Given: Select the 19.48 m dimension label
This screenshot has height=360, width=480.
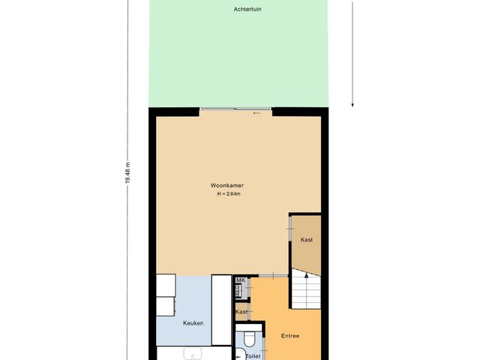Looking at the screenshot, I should [x=127, y=174].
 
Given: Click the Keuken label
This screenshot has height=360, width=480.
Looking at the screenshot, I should [x=193, y=323].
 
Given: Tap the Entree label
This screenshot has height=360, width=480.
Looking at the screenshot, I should [x=289, y=335].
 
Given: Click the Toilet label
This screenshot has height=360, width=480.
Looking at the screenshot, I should [x=254, y=356].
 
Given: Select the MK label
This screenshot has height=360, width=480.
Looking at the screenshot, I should [x=241, y=280].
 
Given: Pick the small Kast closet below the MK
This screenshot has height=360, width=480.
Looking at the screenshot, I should [x=241, y=311].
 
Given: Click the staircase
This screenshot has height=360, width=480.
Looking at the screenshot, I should [x=306, y=292].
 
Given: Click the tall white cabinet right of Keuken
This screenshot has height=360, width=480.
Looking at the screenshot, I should [x=221, y=309].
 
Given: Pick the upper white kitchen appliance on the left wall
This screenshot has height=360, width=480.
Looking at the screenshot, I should [x=166, y=285].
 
